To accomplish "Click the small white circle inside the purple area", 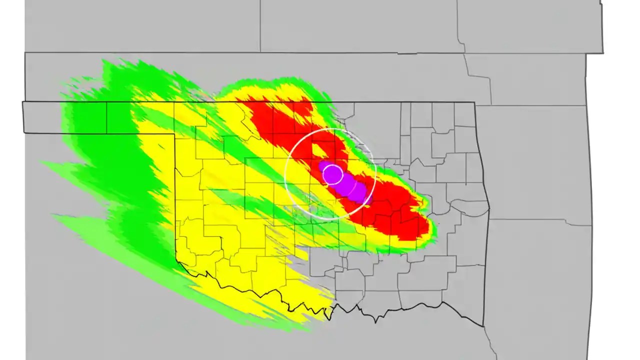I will (332, 174).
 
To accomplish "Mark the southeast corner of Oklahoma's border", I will (483, 326).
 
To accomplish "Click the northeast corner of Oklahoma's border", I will (474, 102).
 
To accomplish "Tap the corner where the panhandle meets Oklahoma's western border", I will (174, 133).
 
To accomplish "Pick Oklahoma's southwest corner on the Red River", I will (177, 260).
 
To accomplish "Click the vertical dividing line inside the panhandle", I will (106, 117).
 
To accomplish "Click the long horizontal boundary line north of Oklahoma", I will (250, 52).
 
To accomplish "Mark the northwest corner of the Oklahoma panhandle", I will (23, 102).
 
